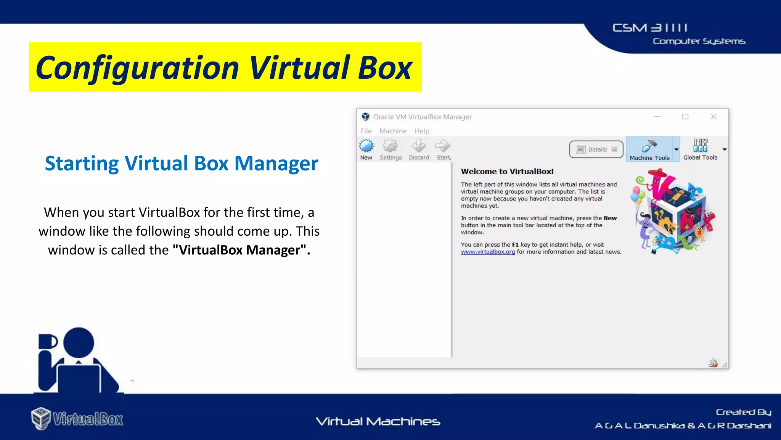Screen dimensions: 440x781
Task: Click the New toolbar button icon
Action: (366, 146)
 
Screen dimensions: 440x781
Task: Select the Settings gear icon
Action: (390, 146)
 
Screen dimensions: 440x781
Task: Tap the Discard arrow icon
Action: (419, 146)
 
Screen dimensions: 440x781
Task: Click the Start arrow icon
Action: (443, 146)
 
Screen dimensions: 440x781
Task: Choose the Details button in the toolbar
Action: (596, 149)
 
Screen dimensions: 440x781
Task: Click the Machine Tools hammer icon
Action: (649, 146)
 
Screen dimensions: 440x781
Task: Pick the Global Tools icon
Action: (700, 146)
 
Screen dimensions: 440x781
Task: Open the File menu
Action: (366, 131)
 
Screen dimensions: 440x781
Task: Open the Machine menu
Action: (393, 131)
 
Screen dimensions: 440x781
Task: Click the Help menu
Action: (422, 131)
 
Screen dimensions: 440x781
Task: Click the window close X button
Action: (714, 116)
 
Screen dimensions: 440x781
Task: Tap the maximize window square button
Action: (685, 116)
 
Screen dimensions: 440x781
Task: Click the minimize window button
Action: (657, 116)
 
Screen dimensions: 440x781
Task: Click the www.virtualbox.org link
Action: (488, 252)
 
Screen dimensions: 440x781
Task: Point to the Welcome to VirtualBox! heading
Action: (507, 171)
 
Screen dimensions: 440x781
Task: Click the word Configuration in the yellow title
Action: (137, 68)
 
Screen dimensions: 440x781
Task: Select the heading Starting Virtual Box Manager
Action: (182, 163)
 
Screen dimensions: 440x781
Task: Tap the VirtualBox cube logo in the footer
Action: (41, 418)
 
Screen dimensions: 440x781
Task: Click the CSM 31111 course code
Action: (650, 28)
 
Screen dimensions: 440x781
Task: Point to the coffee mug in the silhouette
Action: (47, 341)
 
